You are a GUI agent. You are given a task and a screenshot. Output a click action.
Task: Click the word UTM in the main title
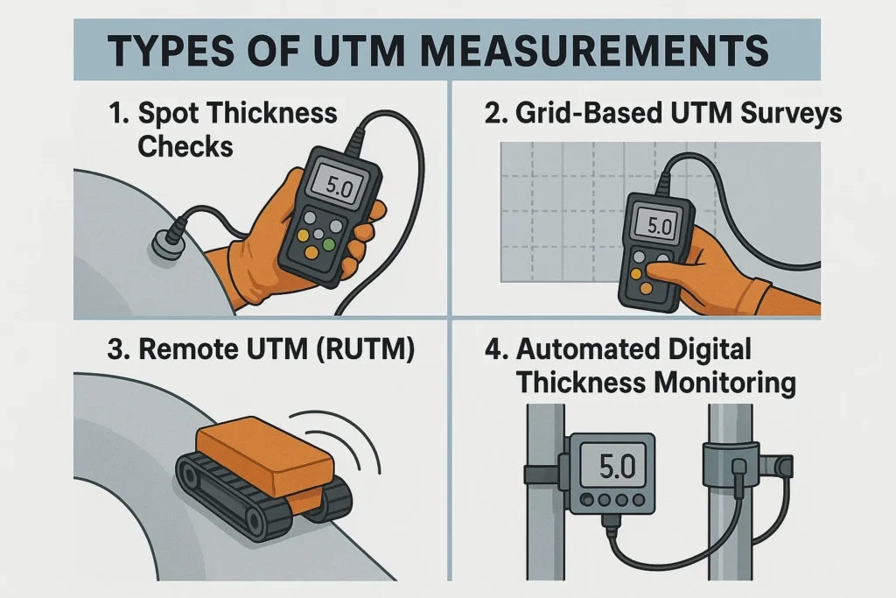pyautogui.click(x=374, y=52)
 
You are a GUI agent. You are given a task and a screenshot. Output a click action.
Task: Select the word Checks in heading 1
pyautogui.click(x=185, y=145)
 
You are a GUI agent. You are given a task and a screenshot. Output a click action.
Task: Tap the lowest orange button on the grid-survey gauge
pyautogui.click(x=647, y=286)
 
